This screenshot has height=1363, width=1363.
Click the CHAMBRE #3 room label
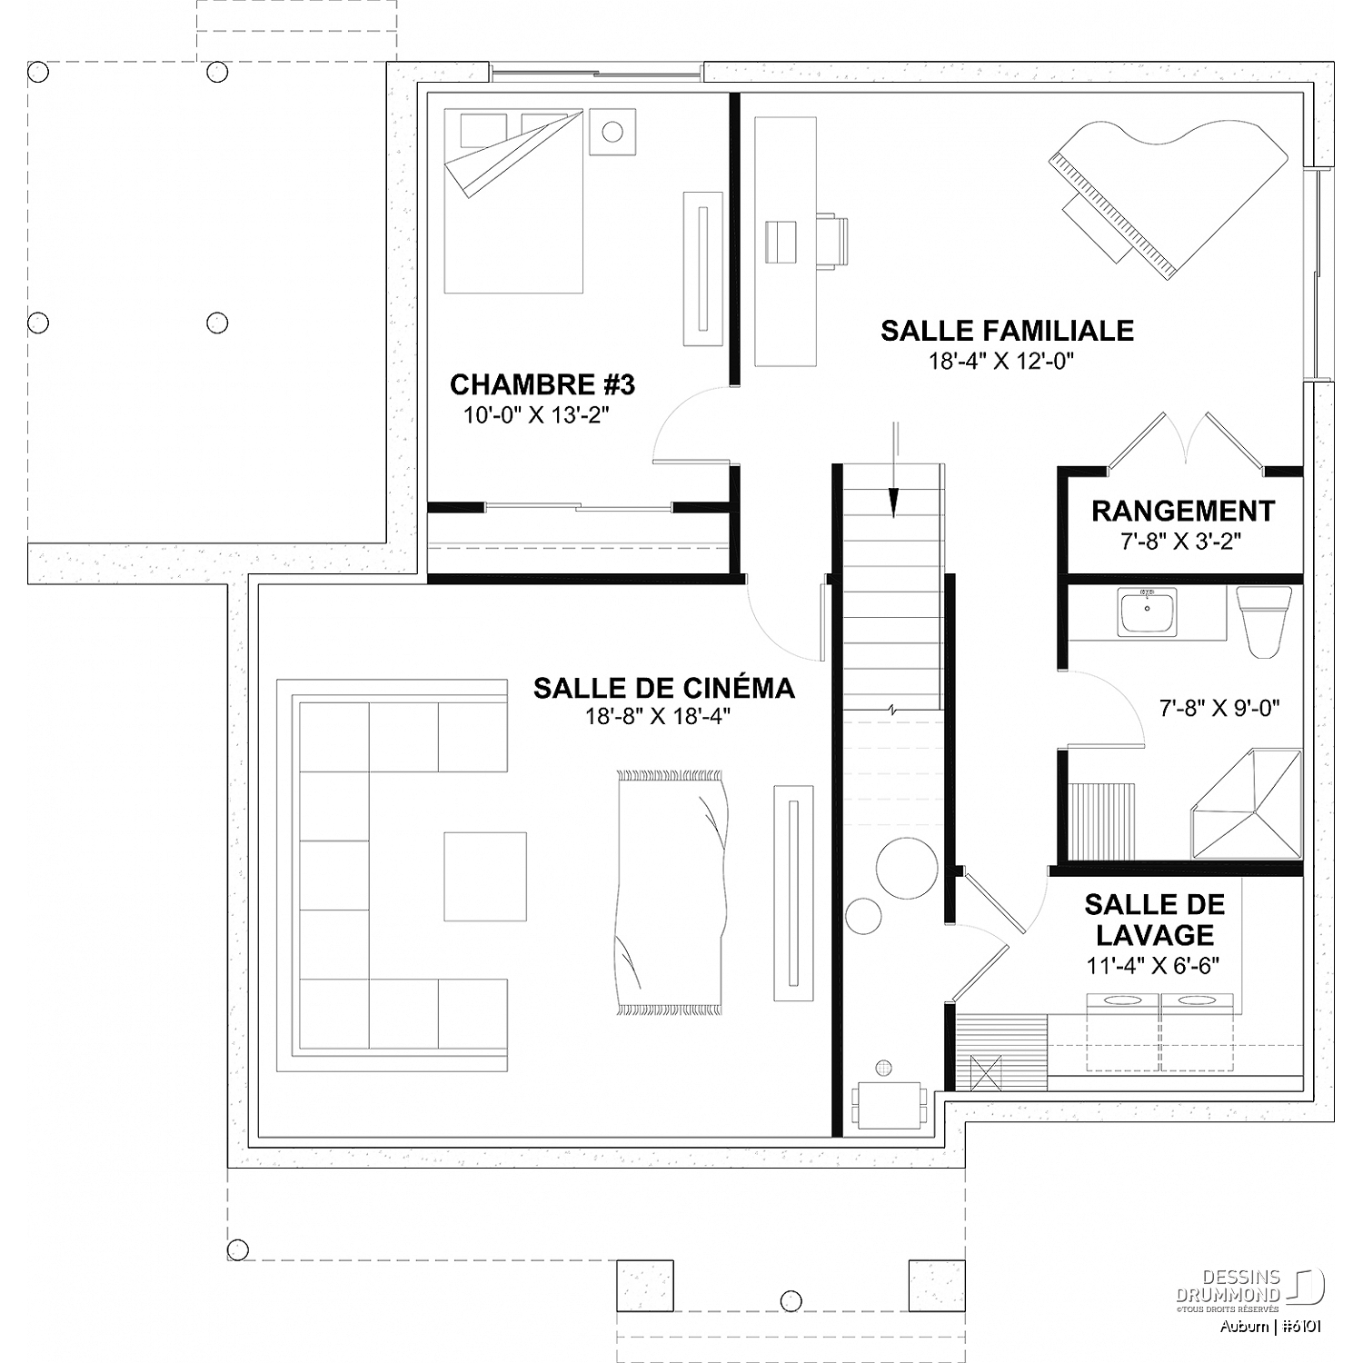coord(542,384)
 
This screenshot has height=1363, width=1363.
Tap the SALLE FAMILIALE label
coord(1007,330)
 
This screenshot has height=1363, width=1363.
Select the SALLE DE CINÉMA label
coord(663,688)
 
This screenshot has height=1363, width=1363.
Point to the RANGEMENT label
coord(1183,511)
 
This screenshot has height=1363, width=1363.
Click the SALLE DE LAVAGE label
coord(1154,920)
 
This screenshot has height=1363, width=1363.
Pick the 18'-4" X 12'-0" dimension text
coord(1001,361)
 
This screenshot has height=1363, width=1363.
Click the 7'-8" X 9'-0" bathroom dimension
coord(1220,708)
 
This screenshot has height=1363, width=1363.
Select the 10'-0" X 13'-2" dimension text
coord(536,415)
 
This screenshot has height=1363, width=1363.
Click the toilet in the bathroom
coord(1264,622)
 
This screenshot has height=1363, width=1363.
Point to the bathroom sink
coord(1148,611)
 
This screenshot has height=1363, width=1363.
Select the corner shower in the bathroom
coord(1247,803)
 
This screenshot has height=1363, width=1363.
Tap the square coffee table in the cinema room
coord(485,876)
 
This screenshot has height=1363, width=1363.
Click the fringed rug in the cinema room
coord(671,892)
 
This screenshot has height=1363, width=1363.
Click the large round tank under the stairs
coord(906,866)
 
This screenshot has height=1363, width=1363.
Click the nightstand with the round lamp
coord(612,132)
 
